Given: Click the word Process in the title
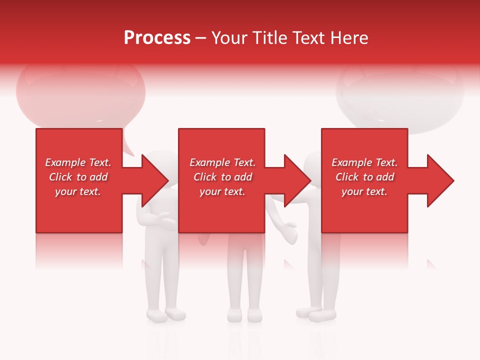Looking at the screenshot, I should (x=157, y=38).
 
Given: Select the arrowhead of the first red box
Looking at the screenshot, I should (x=155, y=180).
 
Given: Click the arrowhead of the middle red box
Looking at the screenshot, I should (x=297, y=180).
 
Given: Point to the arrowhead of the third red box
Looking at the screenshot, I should (x=440, y=180).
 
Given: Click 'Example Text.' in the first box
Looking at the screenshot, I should (x=78, y=162).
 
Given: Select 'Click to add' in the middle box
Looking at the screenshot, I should (x=222, y=177).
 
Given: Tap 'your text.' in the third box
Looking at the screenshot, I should (x=364, y=191).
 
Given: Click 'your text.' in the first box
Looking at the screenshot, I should (x=78, y=191).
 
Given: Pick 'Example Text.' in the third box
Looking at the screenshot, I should (x=364, y=162).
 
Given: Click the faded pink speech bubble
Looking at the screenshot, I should (x=80, y=95).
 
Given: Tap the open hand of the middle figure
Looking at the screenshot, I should (x=289, y=231).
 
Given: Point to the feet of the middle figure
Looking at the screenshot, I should (x=244, y=315).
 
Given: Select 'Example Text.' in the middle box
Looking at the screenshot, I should (x=222, y=162).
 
